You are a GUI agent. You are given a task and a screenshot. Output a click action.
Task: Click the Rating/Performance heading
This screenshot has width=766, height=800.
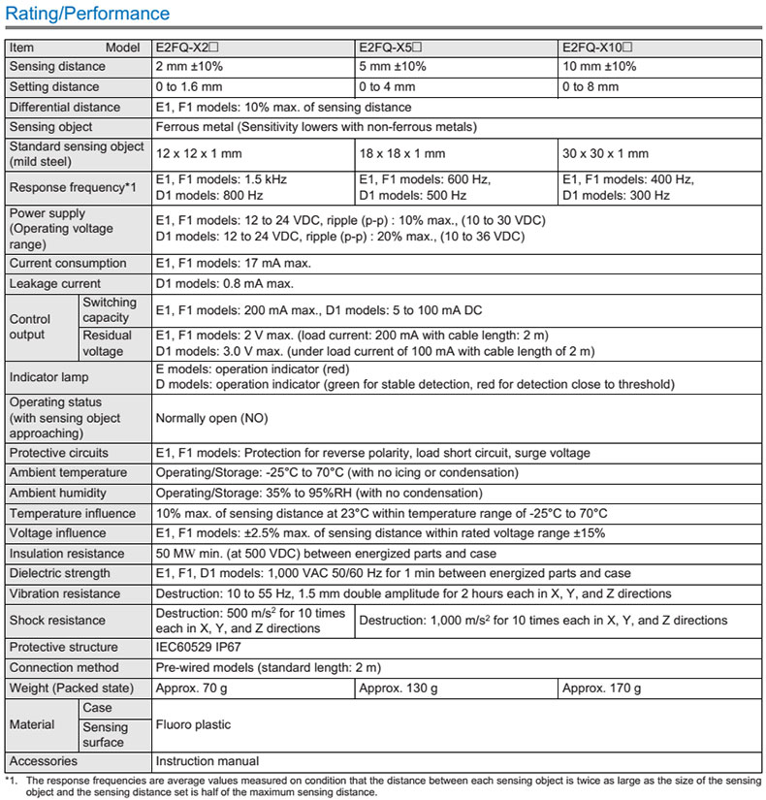click(x=87, y=14)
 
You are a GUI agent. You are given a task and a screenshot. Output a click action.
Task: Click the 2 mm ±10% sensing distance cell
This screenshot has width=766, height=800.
click(x=194, y=67)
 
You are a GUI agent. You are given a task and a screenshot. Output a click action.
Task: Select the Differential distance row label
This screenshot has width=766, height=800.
click(x=65, y=107)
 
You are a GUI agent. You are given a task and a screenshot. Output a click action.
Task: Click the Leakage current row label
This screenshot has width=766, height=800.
click(x=55, y=283)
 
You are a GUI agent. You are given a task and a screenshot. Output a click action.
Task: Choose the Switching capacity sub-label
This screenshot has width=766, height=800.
click(x=110, y=310)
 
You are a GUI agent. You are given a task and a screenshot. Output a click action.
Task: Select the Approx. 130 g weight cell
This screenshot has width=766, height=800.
click(x=399, y=688)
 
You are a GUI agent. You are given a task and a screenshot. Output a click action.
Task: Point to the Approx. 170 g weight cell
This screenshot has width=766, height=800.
click(x=601, y=688)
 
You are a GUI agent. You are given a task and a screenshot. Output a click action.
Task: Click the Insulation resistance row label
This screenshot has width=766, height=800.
click(x=67, y=553)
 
